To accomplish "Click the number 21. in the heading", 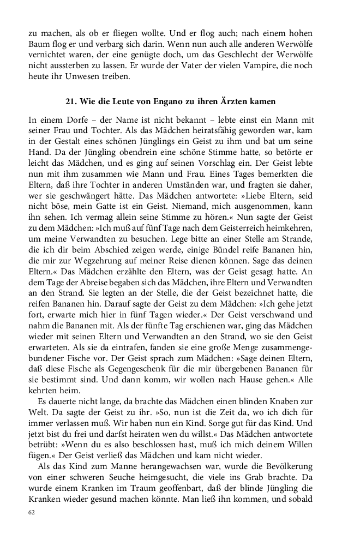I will [x=72, y=101].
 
